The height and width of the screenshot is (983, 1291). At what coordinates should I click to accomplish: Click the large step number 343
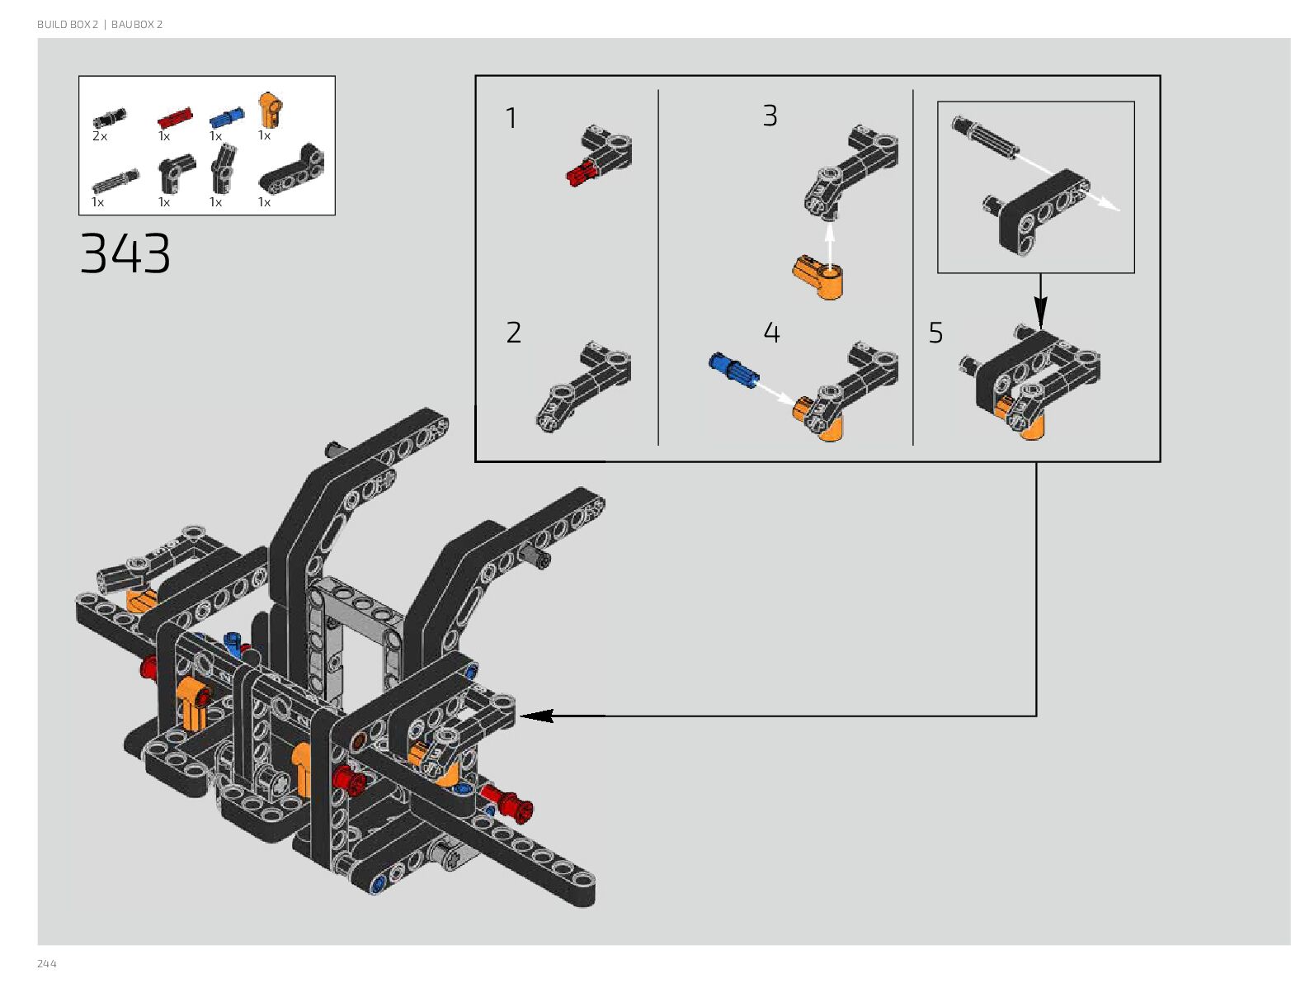pyautogui.click(x=125, y=253)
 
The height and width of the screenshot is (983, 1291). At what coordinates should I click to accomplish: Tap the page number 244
pyautogui.click(x=47, y=963)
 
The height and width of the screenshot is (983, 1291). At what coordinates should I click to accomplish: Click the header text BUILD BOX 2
pyautogui.click(x=68, y=25)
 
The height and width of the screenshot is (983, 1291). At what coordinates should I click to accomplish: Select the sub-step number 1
pyautogui.click(x=511, y=118)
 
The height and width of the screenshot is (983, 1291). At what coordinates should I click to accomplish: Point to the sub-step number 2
pyautogui.click(x=513, y=333)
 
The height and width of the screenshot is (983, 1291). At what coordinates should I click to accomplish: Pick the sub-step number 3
pyautogui.click(x=770, y=116)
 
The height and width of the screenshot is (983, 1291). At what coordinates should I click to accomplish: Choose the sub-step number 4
pyautogui.click(x=771, y=333)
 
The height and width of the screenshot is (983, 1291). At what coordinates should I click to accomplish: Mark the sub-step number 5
pyautogui.click(x=935, y=333)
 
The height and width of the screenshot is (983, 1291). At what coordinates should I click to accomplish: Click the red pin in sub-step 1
pyautogui.click(x=581, y=172)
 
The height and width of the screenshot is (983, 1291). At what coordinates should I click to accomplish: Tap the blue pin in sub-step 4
pyautogui.click(x=731, y=369)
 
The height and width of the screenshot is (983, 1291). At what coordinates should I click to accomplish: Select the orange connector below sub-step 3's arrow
pyautogui.click(x=817, y=278)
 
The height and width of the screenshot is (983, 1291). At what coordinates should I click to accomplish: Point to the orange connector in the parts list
pyautogui.click(x=270, y=109)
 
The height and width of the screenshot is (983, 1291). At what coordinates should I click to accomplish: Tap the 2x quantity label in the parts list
pyautogui.click(x=100, y=136)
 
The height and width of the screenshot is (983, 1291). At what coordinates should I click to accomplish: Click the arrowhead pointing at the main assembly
pyautogui.click(x=535, y=716)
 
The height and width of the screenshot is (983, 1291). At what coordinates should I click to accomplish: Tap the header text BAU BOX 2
pyautogui.click(x=137, y=25)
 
